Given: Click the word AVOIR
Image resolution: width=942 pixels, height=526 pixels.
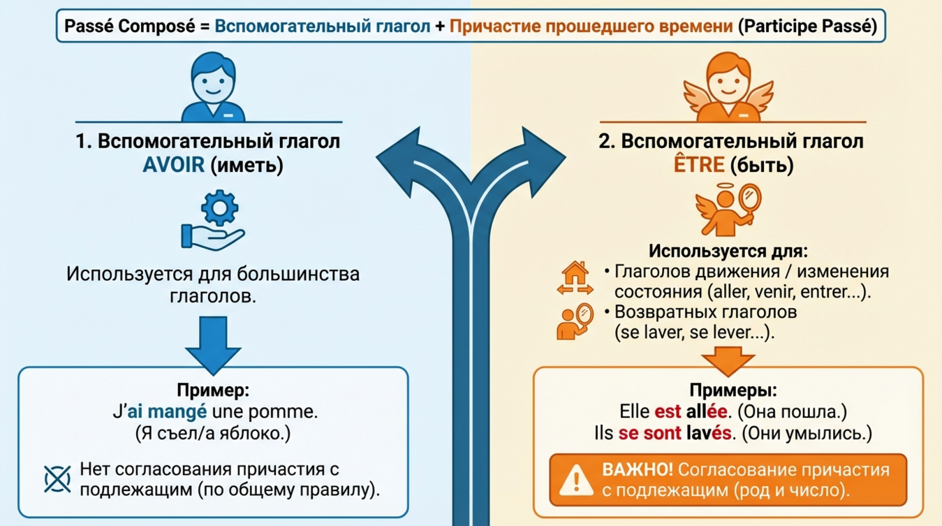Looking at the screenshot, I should click(174, 166).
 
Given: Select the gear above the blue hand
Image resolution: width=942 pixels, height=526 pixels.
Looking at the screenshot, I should click(219, 207).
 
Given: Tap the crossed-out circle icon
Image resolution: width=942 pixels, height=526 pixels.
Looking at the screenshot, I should click(58, 478).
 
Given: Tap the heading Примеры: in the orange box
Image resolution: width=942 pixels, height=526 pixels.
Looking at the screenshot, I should click(733, 390).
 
